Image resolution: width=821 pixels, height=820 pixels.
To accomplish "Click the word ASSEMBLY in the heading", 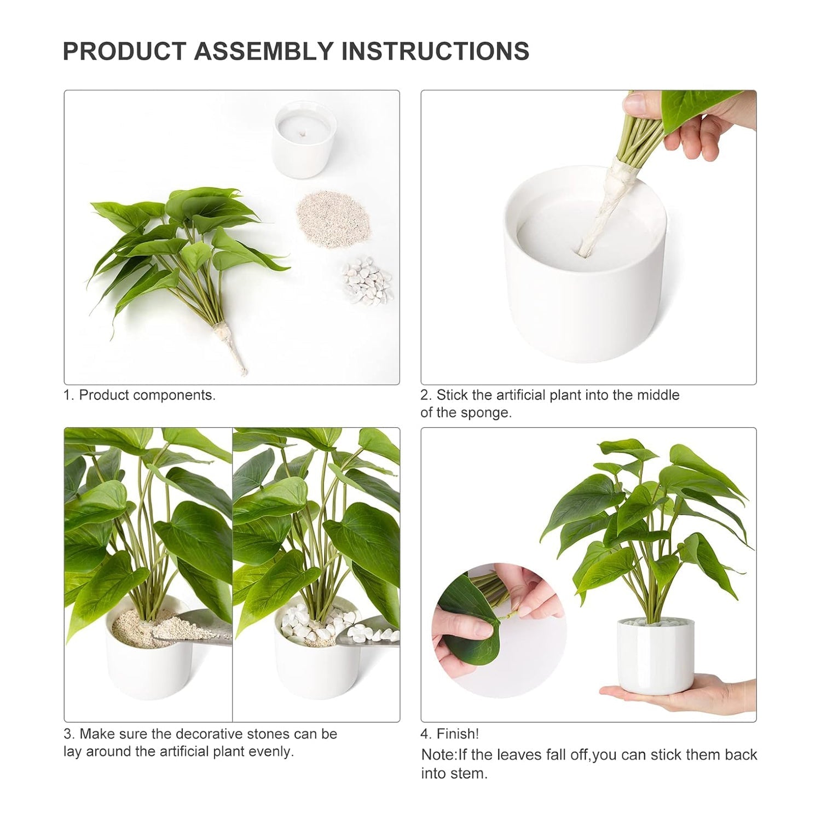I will pyautogui.click(x=263, y=51).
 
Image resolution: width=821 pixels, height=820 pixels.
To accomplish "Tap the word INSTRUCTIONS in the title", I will pyautogui.click(x=435, y=51).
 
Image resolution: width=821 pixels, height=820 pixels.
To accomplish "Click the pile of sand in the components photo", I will pyautogui.click(x=333, y=218).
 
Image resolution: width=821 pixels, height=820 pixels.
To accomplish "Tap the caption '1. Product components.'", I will pyautogui.click(x=140, y=395).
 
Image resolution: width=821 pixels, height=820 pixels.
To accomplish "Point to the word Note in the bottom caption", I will pyautogui.click(x=437, y=755).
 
